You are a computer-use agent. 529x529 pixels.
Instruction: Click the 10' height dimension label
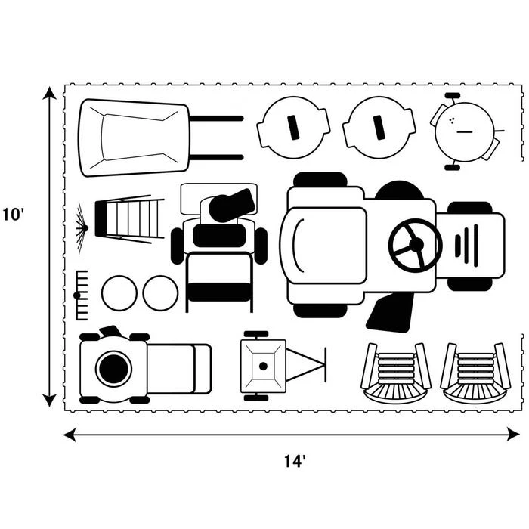point(14,215)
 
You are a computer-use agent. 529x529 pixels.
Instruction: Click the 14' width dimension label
point(295,462)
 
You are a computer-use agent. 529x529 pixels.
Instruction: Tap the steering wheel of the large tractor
point(415,244)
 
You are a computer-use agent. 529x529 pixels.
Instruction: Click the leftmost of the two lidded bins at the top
point(293,128)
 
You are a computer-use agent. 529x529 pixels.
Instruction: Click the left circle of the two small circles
point(119,292)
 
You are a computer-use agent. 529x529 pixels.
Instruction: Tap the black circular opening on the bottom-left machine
point(113,368)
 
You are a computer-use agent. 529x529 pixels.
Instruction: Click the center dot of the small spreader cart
point(262,366)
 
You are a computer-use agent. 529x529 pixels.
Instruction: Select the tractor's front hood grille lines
point(466,245)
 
